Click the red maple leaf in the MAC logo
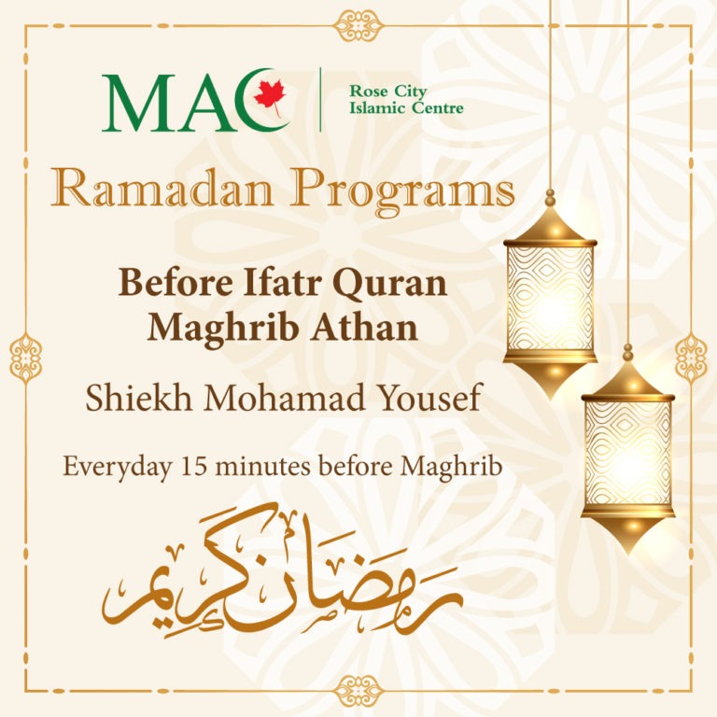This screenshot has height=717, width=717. pos(270,97)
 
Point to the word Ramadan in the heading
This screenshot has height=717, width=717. pos(162,189)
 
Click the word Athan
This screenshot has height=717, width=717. pos(365,328)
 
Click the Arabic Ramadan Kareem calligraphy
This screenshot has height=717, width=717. pos(282,570)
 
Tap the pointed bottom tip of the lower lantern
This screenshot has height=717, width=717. pos(627,553)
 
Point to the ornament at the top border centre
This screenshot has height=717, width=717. pos(358,25)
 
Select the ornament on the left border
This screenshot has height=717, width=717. pos(25,358)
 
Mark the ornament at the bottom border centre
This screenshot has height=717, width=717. pos(358,691)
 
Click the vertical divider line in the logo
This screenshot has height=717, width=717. pos(320,100)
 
